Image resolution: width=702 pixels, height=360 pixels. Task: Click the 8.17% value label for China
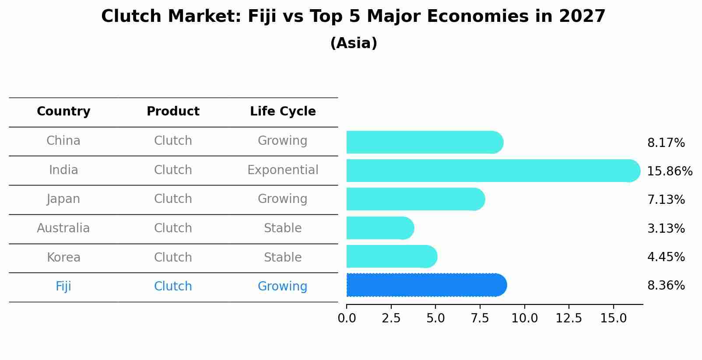click(666, 143)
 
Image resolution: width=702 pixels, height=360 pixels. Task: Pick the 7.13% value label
click(666, 200)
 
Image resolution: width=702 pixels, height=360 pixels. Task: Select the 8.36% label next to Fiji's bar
click(666, 286)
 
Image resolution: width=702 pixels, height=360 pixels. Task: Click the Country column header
click(63, 112)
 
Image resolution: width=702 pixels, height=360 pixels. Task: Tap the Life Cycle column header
click(283, 112)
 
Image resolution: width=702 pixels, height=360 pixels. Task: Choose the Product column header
click(173, 112)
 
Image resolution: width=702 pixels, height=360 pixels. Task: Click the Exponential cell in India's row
click(283, 170)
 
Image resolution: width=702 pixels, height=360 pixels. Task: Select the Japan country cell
click(63, 199)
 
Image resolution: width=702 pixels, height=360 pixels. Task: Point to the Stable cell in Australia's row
click(283, 228)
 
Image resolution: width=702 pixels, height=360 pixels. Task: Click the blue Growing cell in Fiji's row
click(282, 287)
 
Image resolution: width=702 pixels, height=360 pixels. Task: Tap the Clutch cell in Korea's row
click(173, 258)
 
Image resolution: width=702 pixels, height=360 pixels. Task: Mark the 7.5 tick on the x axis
click(480, 318)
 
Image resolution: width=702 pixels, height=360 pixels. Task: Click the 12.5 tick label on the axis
click(569, 318)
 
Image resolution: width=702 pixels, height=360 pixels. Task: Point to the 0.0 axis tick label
click(347, 318)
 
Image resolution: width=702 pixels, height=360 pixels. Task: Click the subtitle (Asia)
click(354, 43)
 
